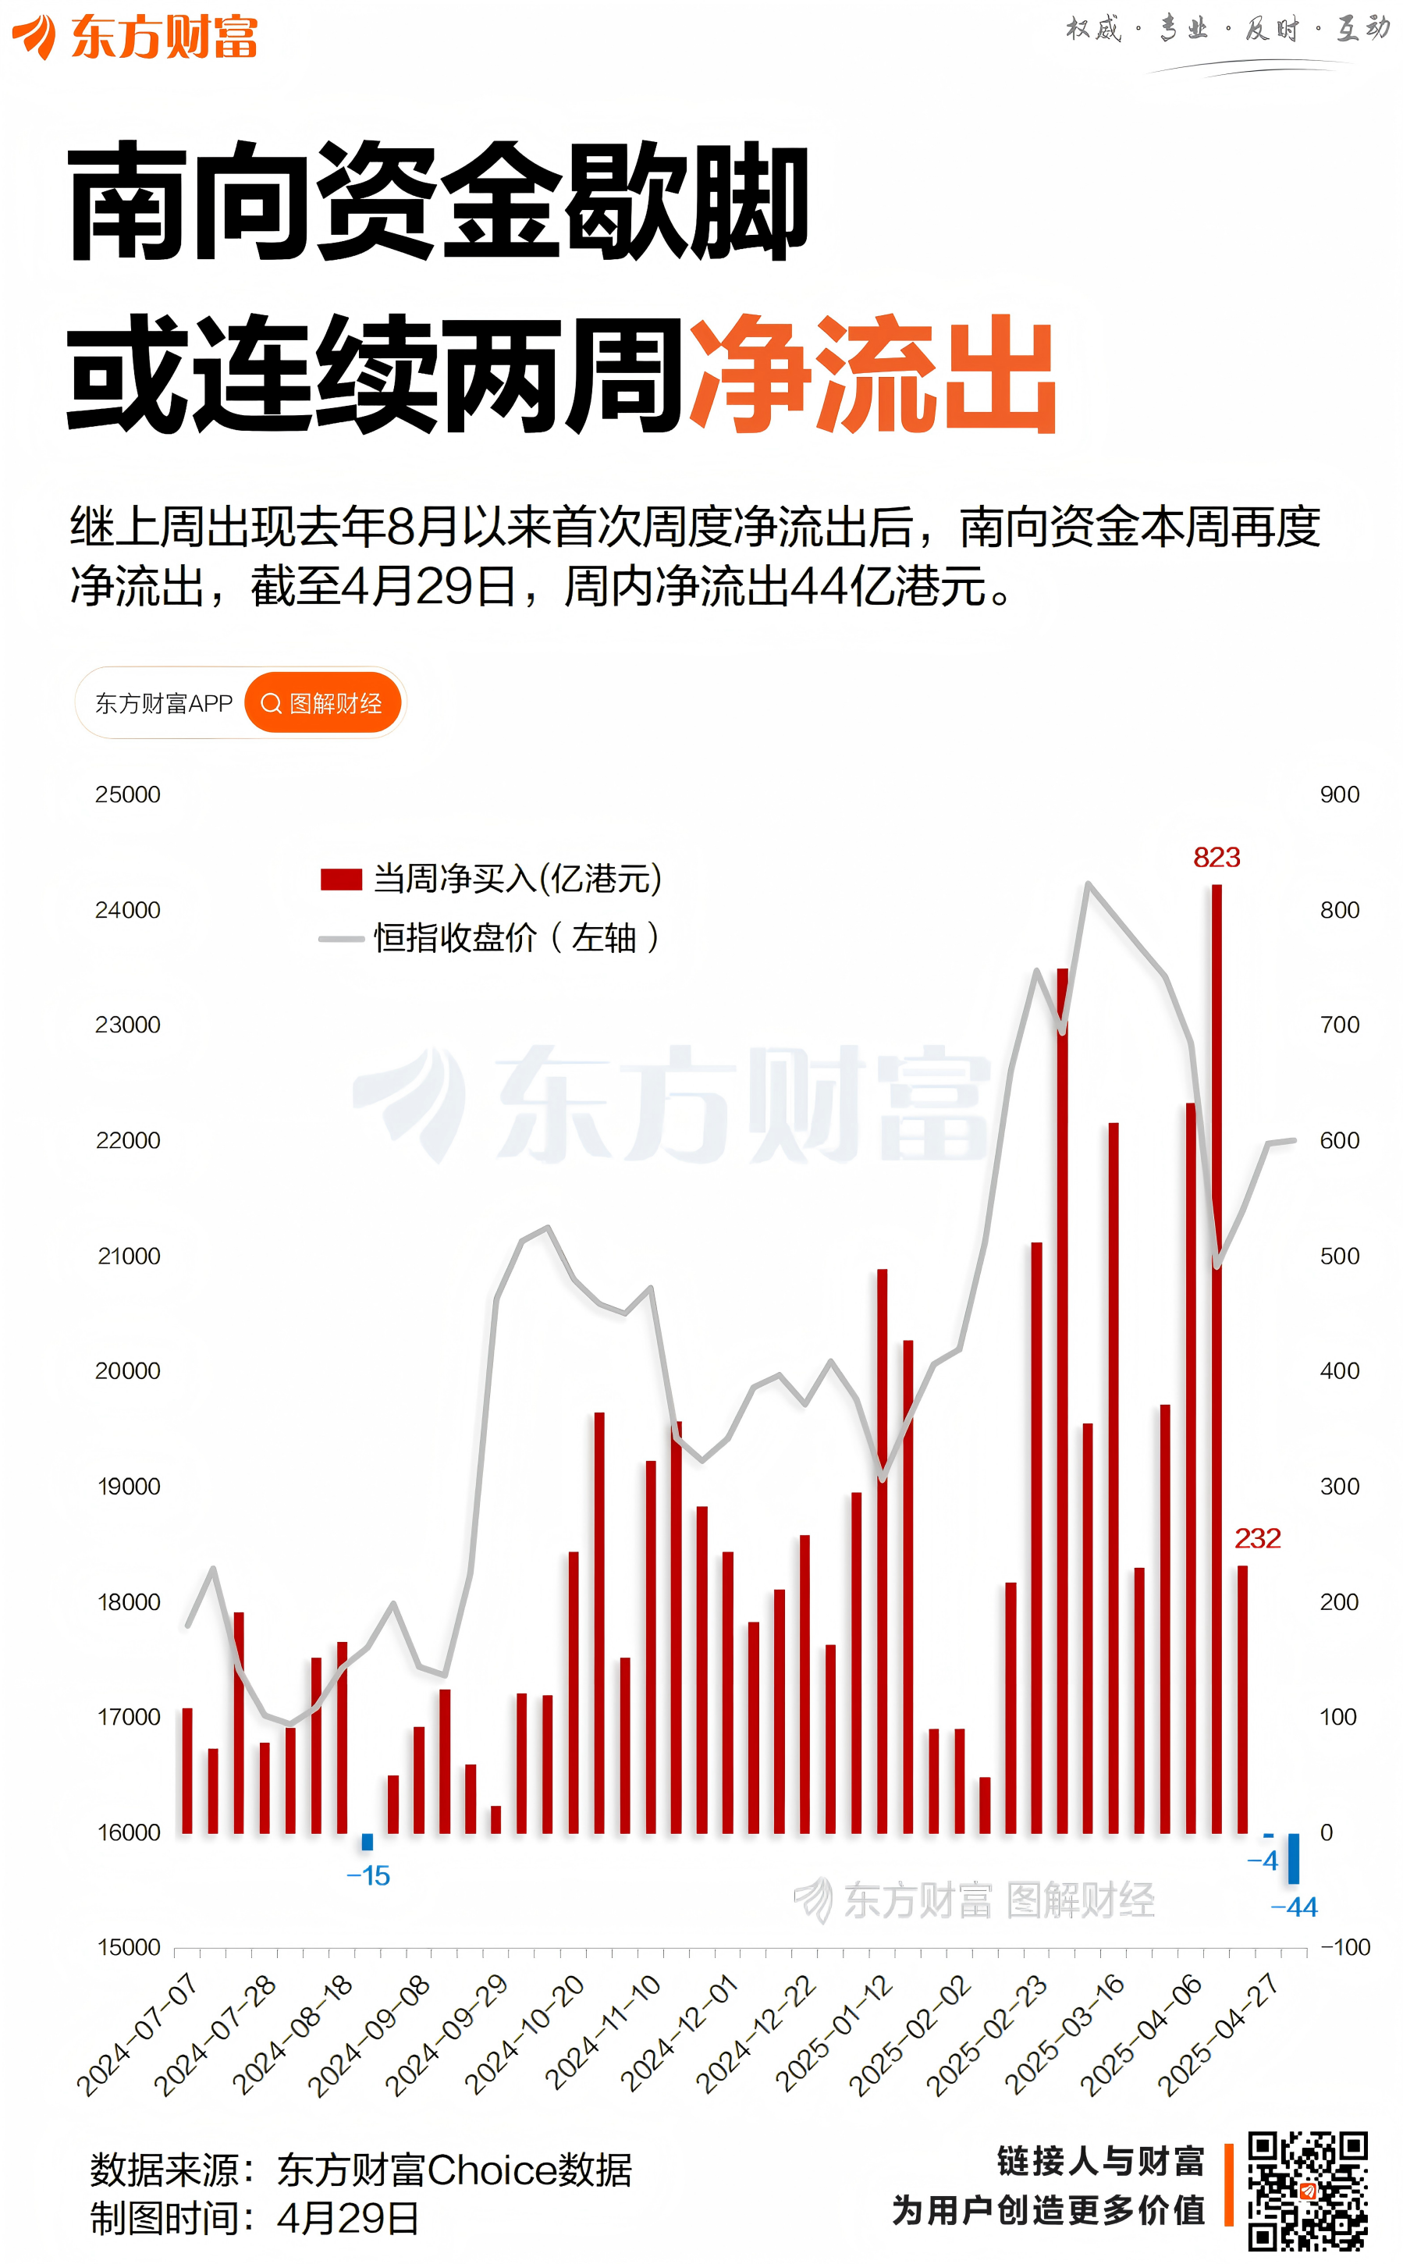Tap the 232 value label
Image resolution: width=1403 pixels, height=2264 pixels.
coord(1257,1538)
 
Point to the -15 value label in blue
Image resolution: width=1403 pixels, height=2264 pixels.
coord(368,1875)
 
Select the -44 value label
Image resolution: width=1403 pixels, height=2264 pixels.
coord(1294,1907)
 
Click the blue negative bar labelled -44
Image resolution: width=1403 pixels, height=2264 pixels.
coord(1294,1857)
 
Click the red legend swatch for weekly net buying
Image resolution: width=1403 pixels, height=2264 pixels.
coord(340,879)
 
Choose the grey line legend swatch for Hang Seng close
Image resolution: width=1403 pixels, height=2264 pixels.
coord(340,938)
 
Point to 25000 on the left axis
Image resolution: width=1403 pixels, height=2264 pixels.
coord(128,794)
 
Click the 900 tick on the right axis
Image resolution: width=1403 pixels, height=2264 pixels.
coord(1339,794)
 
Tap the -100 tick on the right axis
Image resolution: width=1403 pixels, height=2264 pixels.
coord(1344,1946)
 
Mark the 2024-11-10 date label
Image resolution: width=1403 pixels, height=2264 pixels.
coord(603,2034)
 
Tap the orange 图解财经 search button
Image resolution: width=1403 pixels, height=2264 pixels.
coord(323,702)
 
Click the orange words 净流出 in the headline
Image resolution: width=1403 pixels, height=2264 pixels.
coord(872,373)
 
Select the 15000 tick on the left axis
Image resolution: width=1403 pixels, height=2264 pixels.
coord(129,1946)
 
